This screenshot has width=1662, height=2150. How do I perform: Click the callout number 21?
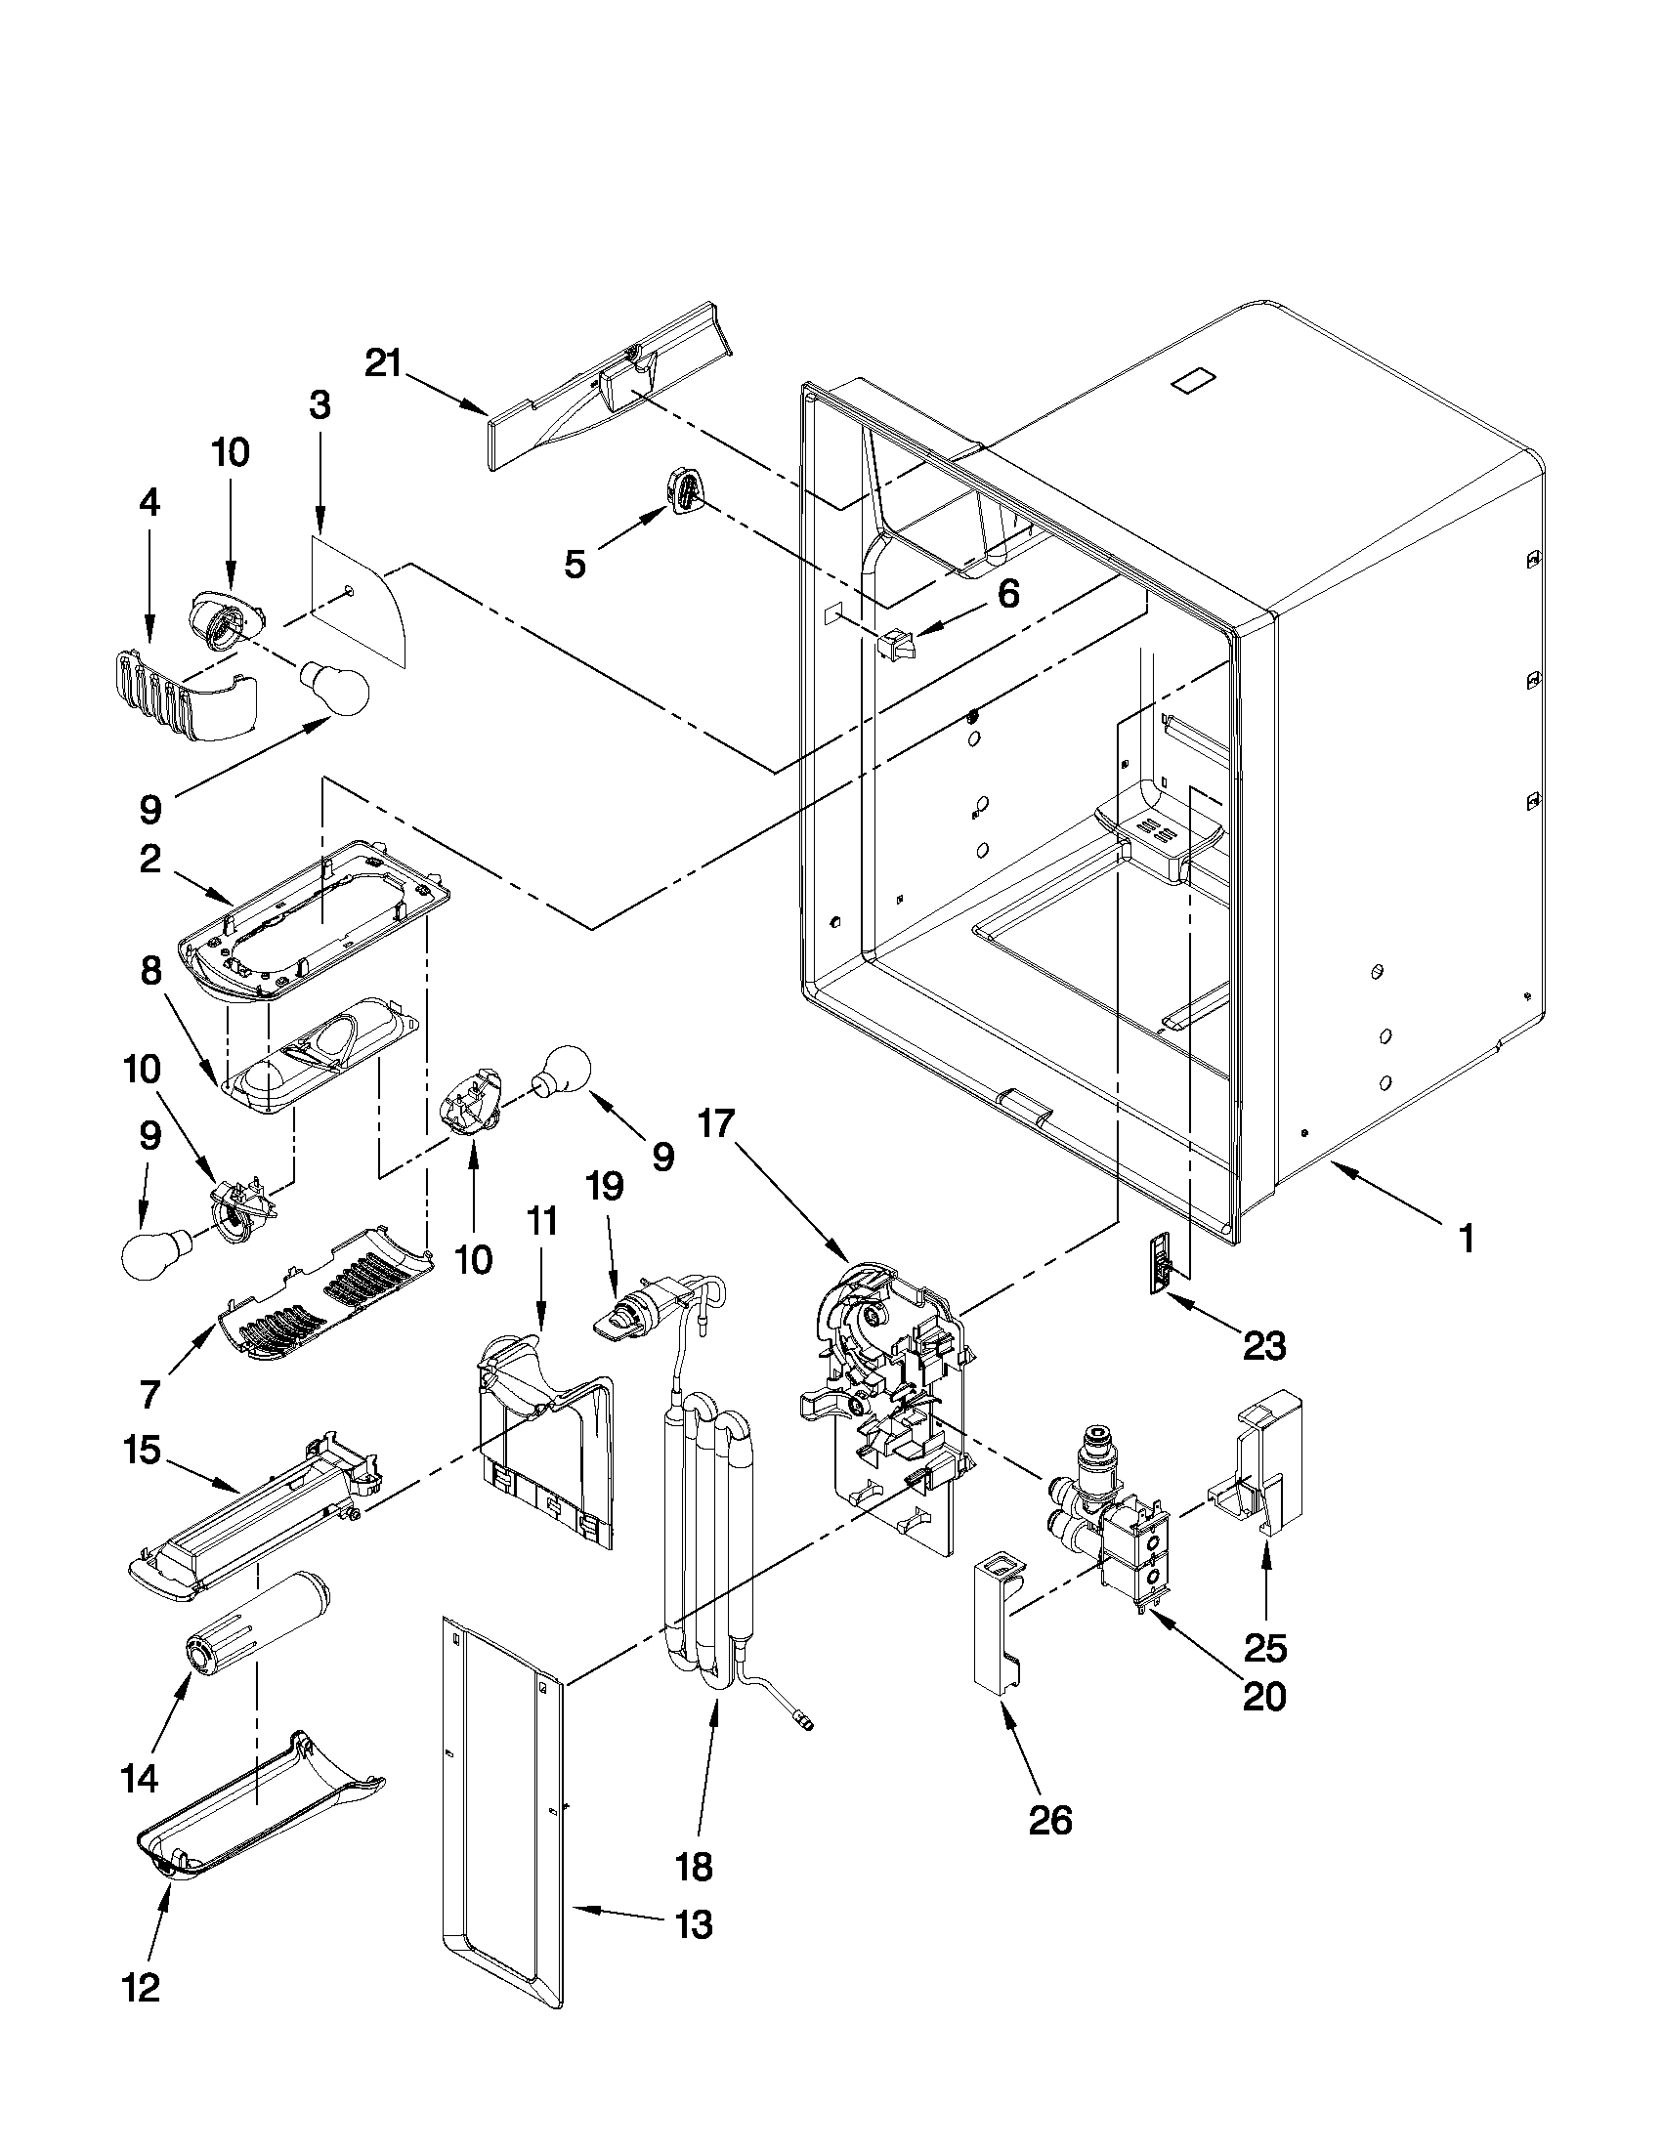[383, 363]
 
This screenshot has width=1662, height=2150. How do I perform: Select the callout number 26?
[1049, 1820]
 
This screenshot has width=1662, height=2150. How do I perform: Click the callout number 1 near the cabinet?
[1466, 1239]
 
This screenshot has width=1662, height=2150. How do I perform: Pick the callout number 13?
[694, 1923]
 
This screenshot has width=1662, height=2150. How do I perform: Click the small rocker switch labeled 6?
[897, 645]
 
